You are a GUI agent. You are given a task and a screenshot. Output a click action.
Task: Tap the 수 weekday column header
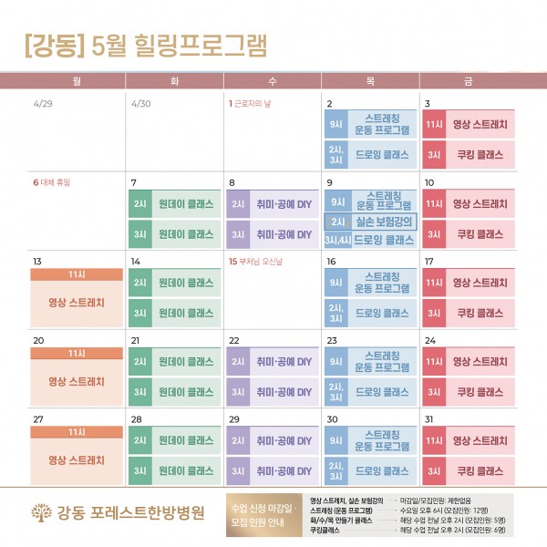pyautogui.click(x=273, y=82)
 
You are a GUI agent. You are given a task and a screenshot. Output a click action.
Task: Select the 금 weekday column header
pyautogui.click(x=468, y=82)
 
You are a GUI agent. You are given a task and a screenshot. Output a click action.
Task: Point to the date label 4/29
pyautogui.click(x=44, y=104)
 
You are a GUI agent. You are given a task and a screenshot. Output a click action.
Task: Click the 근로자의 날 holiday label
pyautogui.click(x=253, y=104)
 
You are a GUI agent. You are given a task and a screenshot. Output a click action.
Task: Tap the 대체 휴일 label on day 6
pyautogui.click(x=56, y=182)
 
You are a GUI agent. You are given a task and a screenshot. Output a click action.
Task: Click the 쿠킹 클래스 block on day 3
pyautogui.click(x=468, y=154)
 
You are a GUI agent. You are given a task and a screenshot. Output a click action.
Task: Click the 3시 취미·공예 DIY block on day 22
pyautogui.click(x=273, y=392)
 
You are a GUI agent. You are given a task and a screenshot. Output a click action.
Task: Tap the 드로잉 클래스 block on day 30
pyautogui.click(x=370, y=471)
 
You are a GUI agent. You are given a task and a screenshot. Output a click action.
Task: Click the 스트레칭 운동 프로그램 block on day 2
pyautogui.click(x=370, y=125)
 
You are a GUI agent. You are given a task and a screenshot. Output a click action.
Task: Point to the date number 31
pyautogui.click(x=429, y=418)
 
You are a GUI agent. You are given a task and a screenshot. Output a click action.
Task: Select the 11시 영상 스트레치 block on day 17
pyautogui.click(x=468, y=284)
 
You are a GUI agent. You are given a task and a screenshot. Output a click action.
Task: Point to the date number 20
pyautogui.click(x=38, y=340)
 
